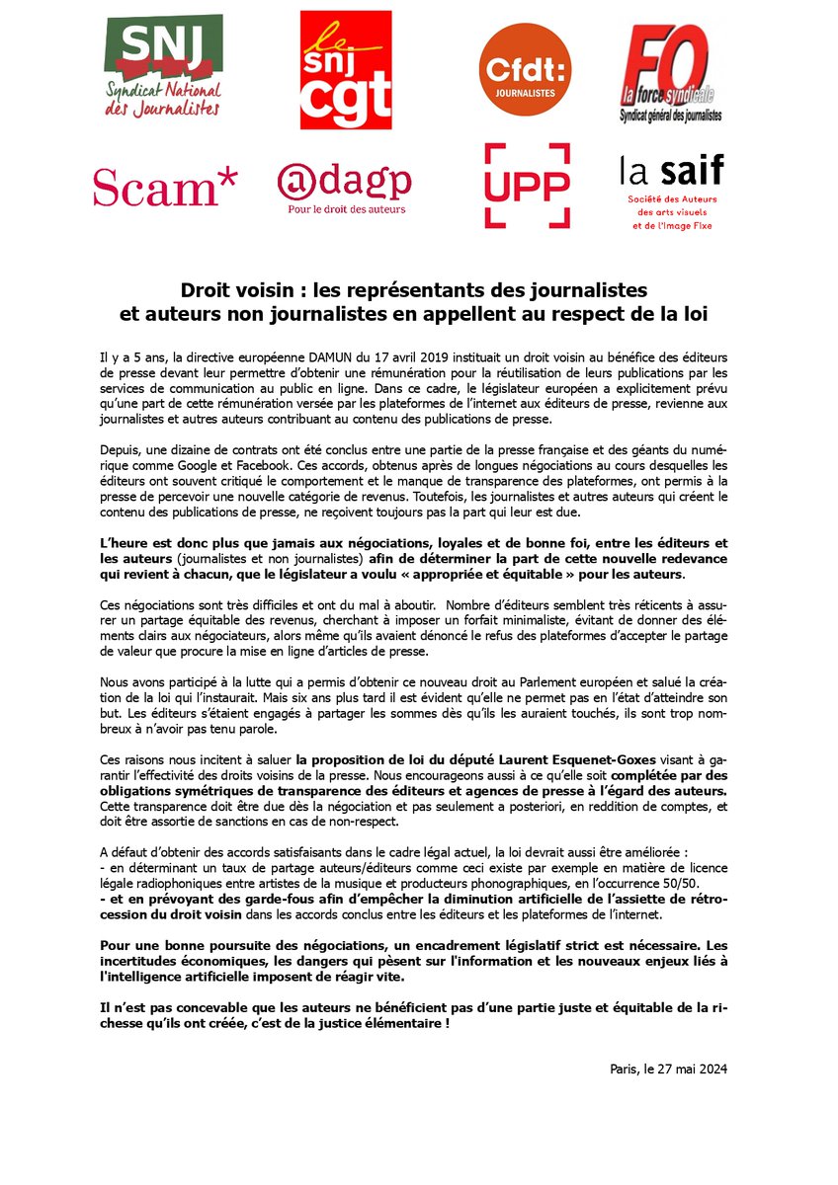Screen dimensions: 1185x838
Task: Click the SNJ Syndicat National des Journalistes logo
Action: coord(163,64)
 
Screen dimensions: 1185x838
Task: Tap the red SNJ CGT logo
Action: coord(346,71)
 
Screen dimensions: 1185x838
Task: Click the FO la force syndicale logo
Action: coord(671,71)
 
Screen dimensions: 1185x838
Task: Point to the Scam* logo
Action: coord(165,187)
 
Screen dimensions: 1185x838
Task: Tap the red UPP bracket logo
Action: coord(527,185)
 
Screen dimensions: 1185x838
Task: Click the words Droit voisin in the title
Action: coord(226,291)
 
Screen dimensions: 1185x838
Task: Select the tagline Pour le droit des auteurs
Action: coord(346,208)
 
